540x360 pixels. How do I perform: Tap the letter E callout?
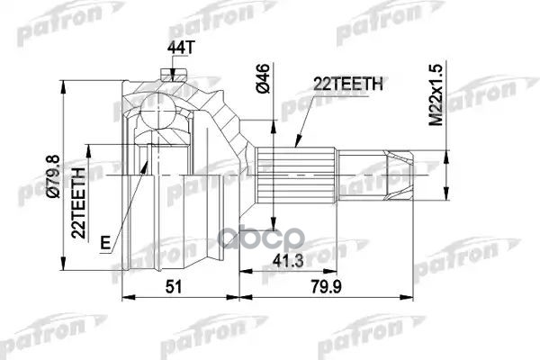(x=105, y=240)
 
